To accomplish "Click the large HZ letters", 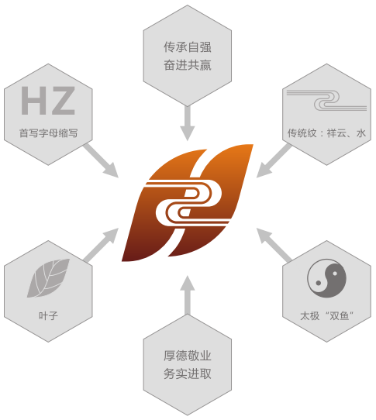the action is pos(48,101).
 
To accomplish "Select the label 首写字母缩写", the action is pos(49,133).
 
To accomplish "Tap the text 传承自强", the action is pos(188,47).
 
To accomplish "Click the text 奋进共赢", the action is pos(188,65).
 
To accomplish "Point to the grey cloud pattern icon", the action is pos(326,101).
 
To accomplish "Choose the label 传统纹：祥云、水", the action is pos(326,133).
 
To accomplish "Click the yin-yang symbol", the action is pos(326,278).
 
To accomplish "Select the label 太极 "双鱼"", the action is pos(326,316).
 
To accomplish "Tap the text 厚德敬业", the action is pos(188,356).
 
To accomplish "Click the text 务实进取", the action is pos(188,374).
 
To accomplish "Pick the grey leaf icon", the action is pos(48,278).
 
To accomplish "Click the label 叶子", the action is pos(48,316).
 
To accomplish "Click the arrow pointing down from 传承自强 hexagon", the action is pos(188,123).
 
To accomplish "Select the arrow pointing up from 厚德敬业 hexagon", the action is pos(188,295).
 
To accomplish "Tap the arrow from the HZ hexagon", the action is pos(101,160).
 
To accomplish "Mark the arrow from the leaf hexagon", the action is pos(101,245).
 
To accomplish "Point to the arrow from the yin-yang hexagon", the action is pos(274,245).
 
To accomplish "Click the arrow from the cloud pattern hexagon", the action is pos(274,160).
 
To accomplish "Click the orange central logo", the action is pos(188,203).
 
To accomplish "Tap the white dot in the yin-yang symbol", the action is pos(335,274).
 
